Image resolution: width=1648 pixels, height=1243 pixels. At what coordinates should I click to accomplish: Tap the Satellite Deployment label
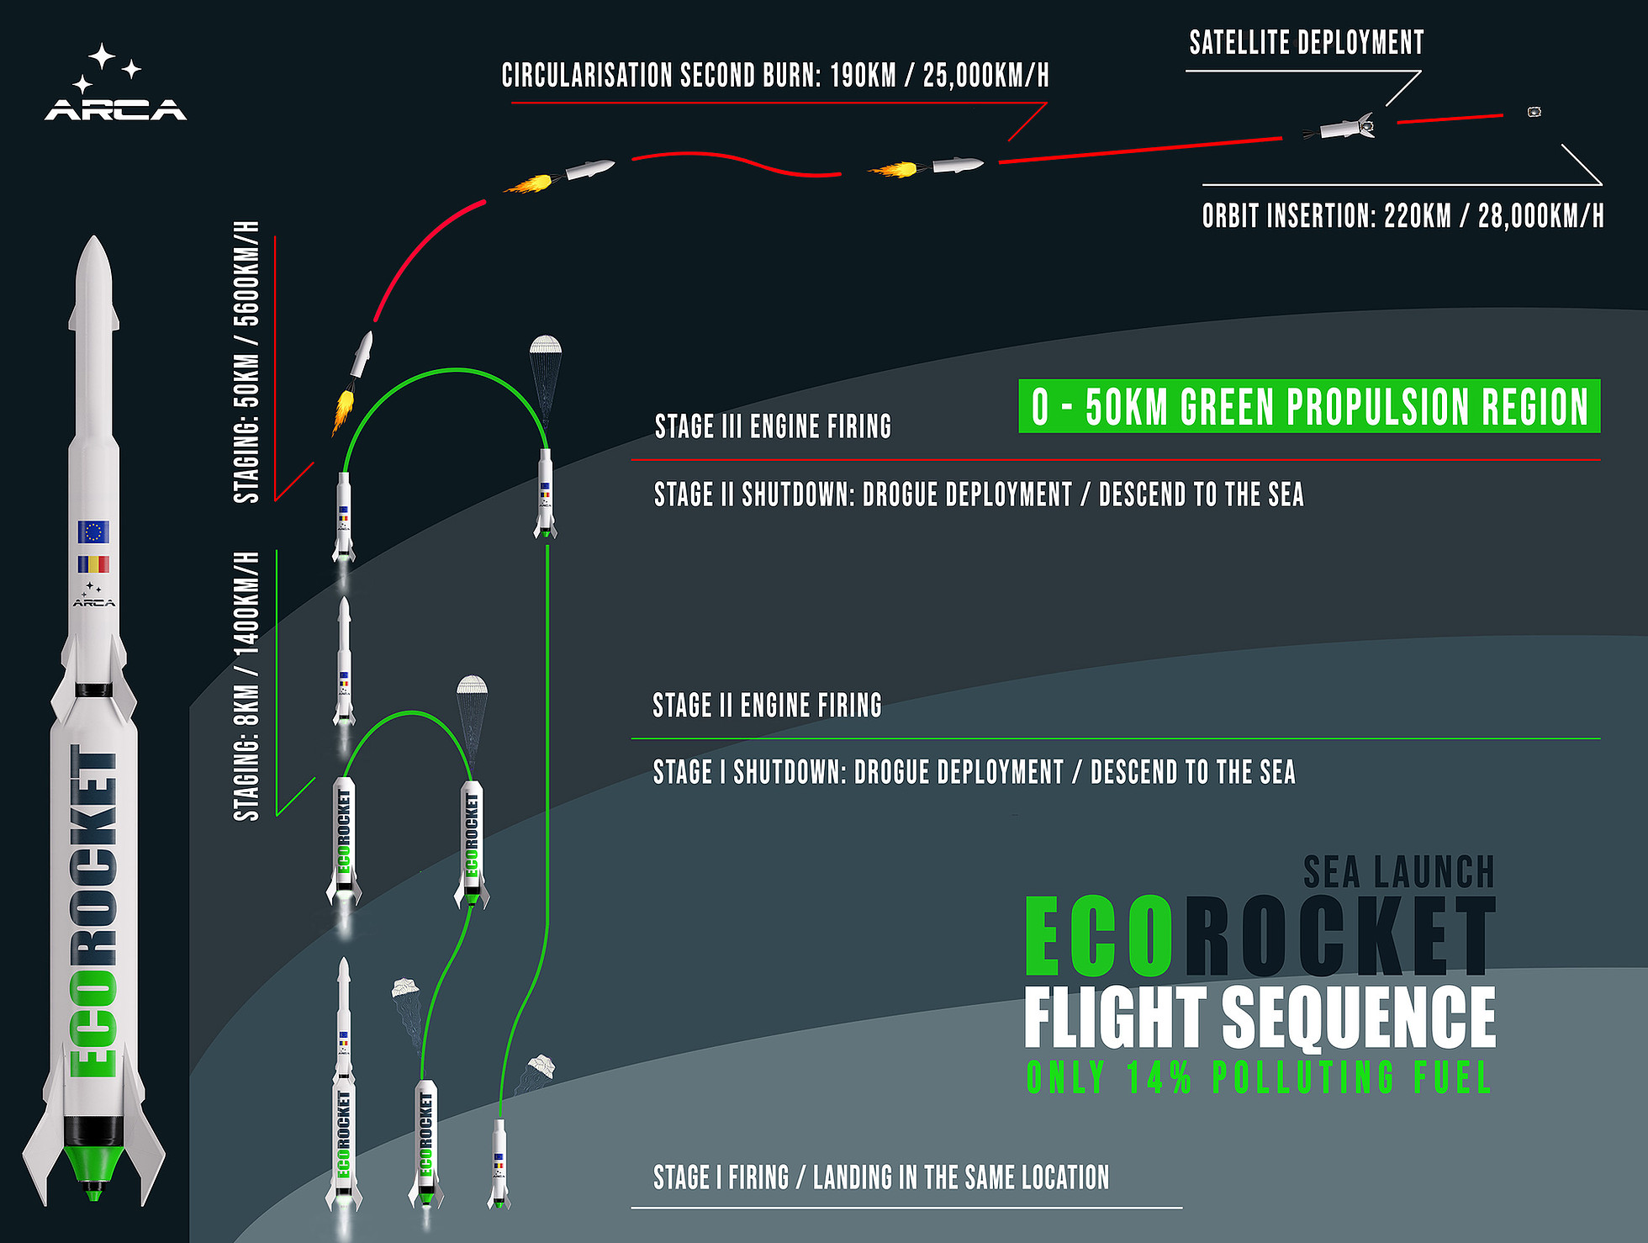coord(1306,42)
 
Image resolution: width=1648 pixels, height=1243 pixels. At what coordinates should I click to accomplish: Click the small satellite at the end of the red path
coord(1534,112)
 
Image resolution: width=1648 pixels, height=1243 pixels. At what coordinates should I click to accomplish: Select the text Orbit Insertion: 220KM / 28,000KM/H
coord(1402,216)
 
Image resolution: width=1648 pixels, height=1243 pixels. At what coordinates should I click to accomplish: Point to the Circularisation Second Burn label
coord(774,76)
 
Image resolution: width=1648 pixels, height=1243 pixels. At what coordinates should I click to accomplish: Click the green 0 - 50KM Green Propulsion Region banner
coord(1308,407)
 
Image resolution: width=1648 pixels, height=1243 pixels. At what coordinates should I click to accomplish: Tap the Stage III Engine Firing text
coord(773,426)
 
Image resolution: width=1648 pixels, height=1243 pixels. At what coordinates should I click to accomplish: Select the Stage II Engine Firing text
coord(767,705)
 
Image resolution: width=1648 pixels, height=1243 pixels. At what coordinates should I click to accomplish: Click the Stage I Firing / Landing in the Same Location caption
coord(880,1177)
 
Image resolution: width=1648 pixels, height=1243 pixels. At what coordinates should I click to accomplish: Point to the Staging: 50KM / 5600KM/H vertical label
coord(246,362)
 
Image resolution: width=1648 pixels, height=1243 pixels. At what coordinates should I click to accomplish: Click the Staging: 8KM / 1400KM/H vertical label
coord(246,685)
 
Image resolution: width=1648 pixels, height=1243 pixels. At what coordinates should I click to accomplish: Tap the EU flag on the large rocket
coord(93,532)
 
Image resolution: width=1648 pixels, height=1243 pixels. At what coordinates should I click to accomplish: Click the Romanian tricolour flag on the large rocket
coord(93,564)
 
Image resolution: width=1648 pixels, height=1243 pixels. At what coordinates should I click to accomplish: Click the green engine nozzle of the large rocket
coord(93,1165)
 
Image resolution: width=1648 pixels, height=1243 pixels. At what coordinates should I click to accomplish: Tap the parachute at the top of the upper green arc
coord(546,346)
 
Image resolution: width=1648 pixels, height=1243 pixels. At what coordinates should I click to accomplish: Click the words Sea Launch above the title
coord(1398,872)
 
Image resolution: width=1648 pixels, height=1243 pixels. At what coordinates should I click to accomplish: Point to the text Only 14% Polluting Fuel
coord(1259,1077)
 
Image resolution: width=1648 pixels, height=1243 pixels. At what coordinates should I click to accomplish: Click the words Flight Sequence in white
coord(1259,1018)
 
